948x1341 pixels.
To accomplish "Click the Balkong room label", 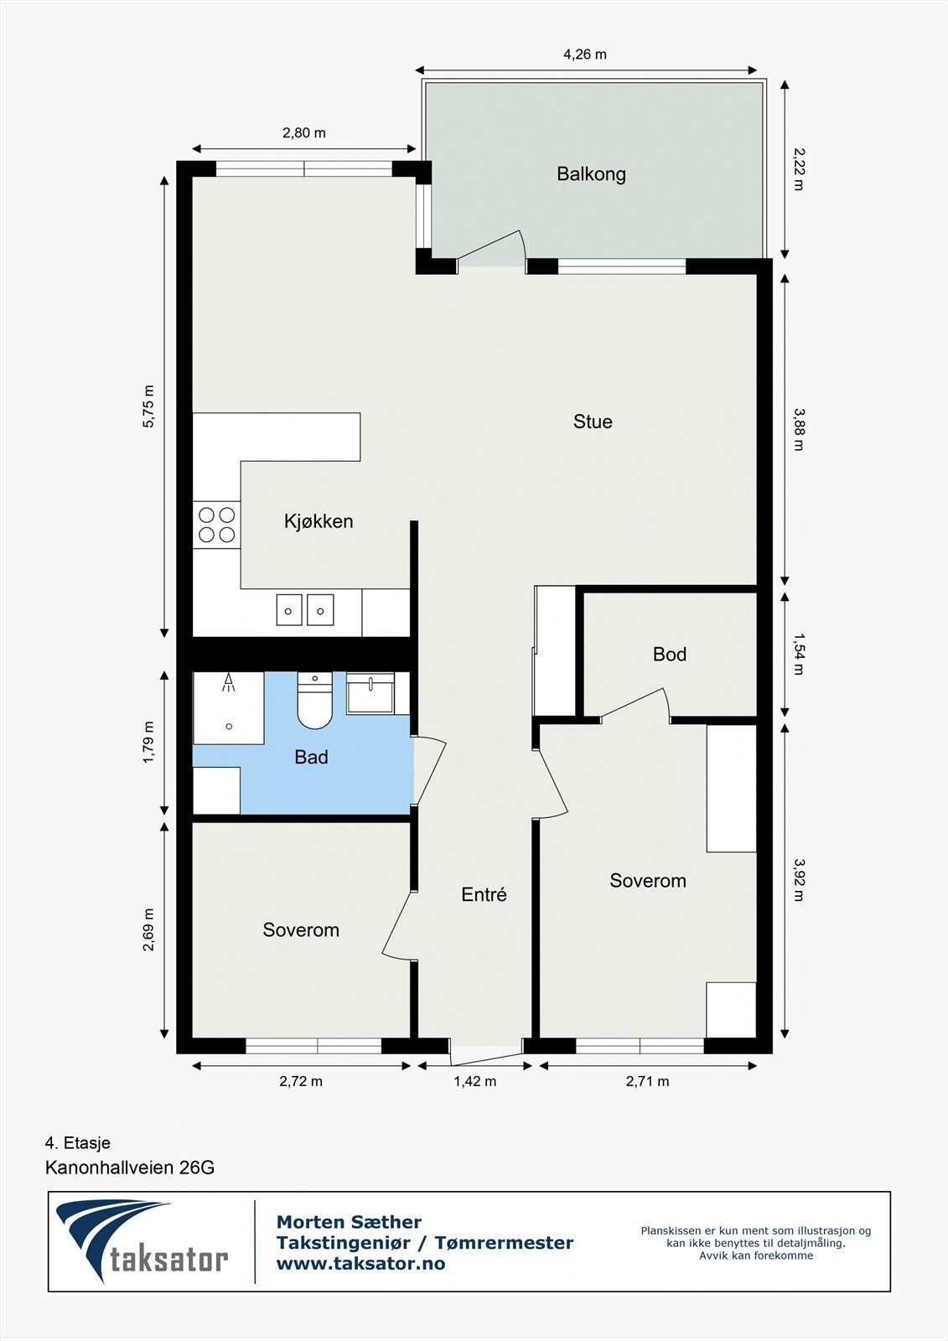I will point(591,174).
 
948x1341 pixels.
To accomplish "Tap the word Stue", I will point(593,422).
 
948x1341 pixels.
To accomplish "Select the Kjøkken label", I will point(319,521).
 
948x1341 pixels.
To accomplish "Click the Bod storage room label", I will point(670,655).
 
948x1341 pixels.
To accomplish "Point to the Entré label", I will point(484,895).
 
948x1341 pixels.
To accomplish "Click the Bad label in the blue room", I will point(311,758).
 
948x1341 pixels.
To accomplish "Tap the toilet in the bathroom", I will point(314,702).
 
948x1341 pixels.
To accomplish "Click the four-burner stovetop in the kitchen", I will point(216,525).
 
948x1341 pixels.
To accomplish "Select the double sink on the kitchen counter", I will point(305,610).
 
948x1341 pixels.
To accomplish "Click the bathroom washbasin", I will point(370,695).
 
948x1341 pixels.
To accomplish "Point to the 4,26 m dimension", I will point(584,54).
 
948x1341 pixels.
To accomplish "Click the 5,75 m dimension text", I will point(148,406).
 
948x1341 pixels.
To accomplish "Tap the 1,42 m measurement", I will point(474,1081).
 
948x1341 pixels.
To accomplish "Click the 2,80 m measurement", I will point(303,132).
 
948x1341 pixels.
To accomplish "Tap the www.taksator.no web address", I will point(360,1264).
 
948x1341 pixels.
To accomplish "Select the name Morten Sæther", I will point(349,1222).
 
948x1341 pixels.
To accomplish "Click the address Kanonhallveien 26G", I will point(130,1168).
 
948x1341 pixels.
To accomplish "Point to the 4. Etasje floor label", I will point(77,1143).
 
